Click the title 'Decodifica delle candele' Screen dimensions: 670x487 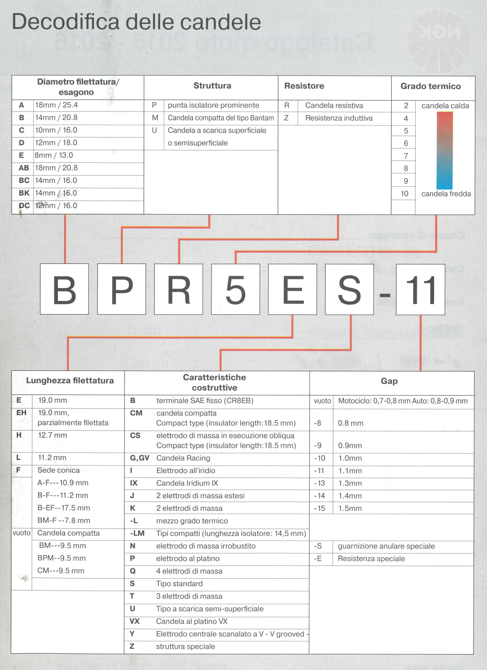click(136, 22)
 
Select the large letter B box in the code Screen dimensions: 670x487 click(64, 289)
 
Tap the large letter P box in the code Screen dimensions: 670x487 click(122, 289)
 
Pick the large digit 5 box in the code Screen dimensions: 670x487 click(236, 289)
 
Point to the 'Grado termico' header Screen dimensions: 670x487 click(430, 86)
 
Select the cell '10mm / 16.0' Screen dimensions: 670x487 click(56, 130)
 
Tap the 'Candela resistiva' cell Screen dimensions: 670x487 click(334, 105)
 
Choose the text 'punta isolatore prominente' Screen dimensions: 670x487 click(213, 105)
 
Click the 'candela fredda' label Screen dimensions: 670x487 click(446, 194)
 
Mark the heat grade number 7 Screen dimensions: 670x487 click(406, 156)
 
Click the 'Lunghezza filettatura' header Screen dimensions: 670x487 click(70, 381)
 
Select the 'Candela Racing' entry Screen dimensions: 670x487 click(183, 458)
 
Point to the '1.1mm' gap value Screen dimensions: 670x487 click(350, 471)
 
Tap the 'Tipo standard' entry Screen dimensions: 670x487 click(179, 583)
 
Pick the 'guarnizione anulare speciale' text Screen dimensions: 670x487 click(386, 546)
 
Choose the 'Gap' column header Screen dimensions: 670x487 click(389, 381)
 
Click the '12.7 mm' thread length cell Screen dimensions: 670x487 click(52, 435)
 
